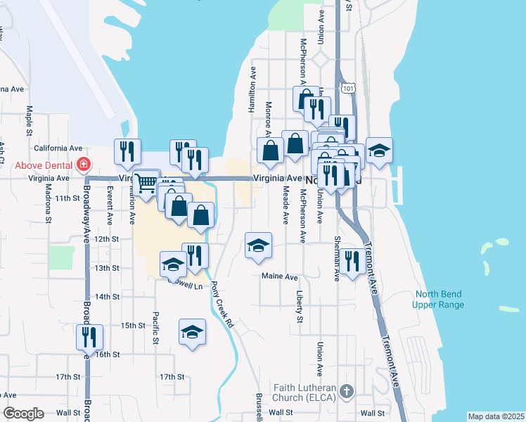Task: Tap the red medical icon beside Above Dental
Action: [x=84, y=165]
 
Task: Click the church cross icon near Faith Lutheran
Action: [x=345, y=390]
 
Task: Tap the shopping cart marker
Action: [x=146, y=184]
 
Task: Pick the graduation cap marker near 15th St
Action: [x=192, y=332]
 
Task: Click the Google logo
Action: [x=24, y=414]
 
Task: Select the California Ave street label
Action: [x=58, y=148]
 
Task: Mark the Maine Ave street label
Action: [x=279, y=277]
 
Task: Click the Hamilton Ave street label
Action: [x=252, y=90]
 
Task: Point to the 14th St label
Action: [x=108, y=297]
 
